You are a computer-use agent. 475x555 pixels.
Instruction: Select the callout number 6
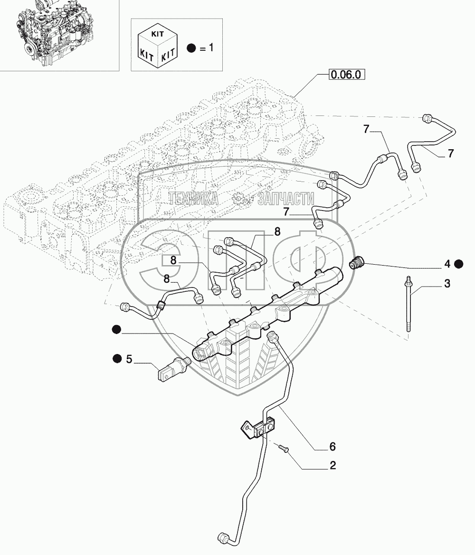coord(332,446)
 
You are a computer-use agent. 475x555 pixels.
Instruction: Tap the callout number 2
coord(332,466)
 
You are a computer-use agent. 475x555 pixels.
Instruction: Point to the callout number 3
coord(446,284)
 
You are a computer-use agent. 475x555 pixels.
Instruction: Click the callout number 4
coord(446,264)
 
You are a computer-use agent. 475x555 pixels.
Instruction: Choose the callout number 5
coord(128,359)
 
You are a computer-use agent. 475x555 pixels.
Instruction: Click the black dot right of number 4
coord(459,264)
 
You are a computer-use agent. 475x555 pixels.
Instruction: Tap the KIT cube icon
coord(157,46)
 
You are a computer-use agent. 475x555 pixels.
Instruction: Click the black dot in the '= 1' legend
coord(191,48)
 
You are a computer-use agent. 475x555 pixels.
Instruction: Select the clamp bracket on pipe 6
coord(259,426)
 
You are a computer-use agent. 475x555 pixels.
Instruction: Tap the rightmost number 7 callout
coord(450,153)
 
